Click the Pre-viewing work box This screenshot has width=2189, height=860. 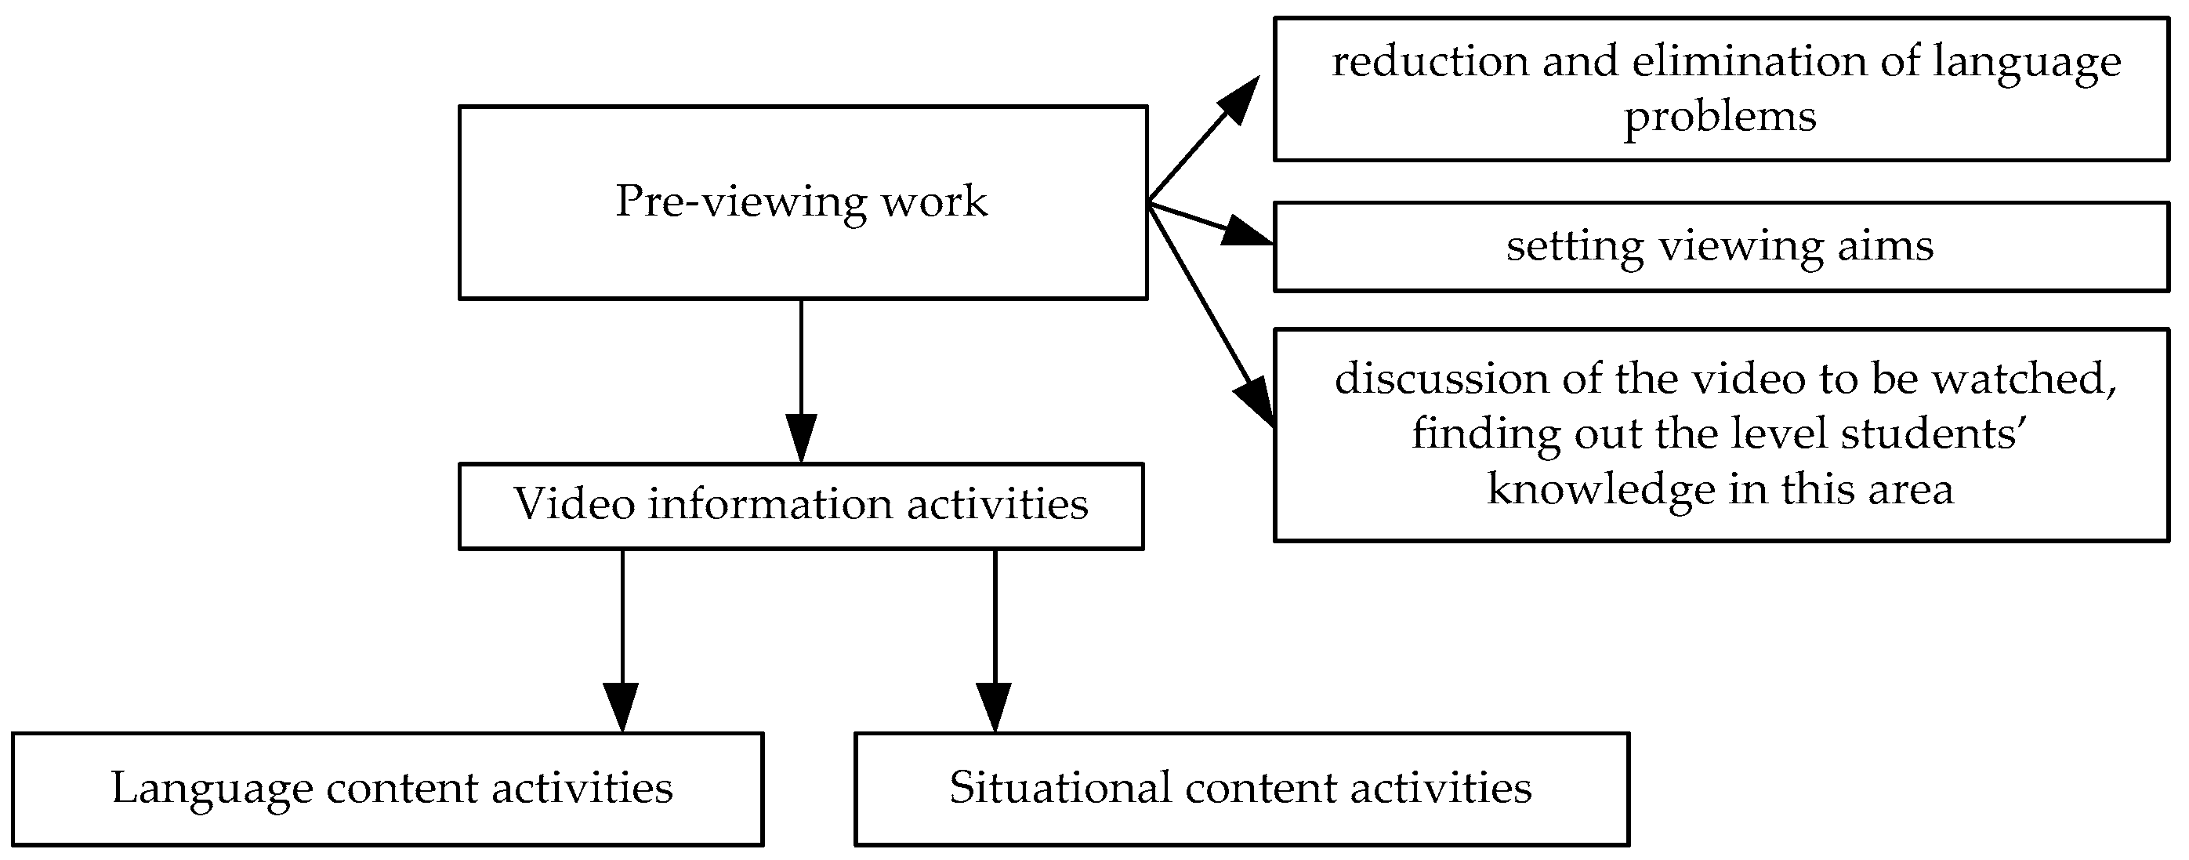tap(803, 202)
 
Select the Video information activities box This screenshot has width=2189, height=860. tap(800, 506)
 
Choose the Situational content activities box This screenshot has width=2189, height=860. tap(1241, 789)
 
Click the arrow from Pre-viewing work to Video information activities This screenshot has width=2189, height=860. tap(800, 383)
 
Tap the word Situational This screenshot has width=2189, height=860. tap(1059, 789)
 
